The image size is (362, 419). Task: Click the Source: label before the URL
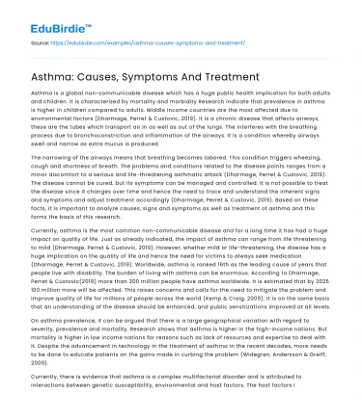point(40,43)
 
